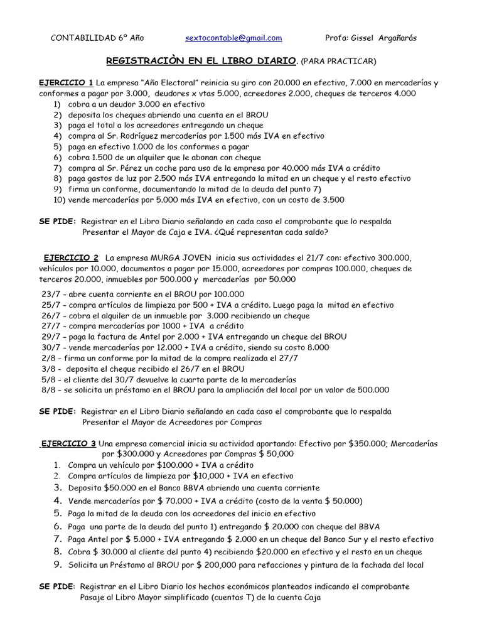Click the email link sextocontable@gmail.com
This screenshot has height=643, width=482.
click(x=233, y=38)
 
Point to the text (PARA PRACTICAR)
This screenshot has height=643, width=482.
click(x=339, y=61)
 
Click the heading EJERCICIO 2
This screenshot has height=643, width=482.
click(x=71, y=258)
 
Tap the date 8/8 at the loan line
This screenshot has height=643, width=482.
click(x=48, y=389)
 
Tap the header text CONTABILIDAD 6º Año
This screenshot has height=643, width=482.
click(x=97, y=38)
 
